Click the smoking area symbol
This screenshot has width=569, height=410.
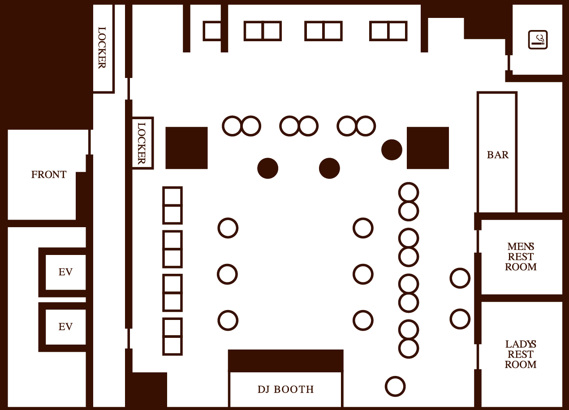coord(538,39)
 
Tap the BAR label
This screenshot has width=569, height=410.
coord(498,155)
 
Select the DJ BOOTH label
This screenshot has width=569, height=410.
coord(286,389)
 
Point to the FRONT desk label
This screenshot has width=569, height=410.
coord(49,175)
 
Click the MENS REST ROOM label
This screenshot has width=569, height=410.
coord(521,257)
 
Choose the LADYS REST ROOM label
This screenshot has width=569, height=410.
coord(521,354)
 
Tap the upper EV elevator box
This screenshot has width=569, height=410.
coord(65,272)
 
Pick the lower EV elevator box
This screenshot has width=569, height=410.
coord(65,327)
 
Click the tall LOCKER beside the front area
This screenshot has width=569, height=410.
coord(103,48)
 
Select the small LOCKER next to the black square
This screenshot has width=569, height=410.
coord(142,143)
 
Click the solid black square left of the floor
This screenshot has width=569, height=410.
coord(186,148)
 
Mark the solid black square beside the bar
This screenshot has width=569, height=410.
coord(427,148)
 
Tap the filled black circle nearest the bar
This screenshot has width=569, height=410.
coord(392,150)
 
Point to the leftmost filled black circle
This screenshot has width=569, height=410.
coord(268,168)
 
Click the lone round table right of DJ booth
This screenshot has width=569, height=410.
coord(395,386)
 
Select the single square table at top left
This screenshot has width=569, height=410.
coord(212,31)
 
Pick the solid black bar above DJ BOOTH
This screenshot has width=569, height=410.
coord(286,361)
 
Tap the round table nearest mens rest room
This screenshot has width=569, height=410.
coord(460,278)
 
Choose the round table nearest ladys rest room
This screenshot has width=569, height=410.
coord(460,319)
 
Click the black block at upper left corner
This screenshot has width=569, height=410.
coord(45,63)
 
